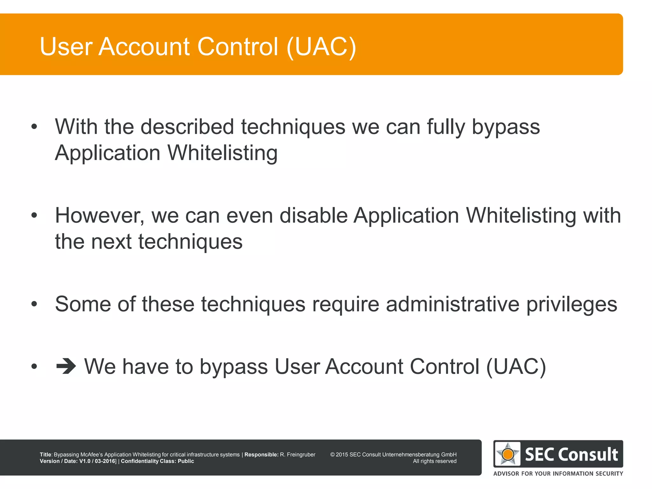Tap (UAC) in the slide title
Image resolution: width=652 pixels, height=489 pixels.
[x=321, y=47]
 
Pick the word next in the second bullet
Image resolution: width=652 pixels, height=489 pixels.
[x=111, y=241]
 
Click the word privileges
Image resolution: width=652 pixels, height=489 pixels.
[x=572, y=304]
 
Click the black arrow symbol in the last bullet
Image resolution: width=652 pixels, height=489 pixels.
[x=66, y=366]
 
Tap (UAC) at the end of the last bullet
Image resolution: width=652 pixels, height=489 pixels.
[x=516, y=366]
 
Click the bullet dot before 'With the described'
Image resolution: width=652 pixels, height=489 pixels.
[x=34, y=127]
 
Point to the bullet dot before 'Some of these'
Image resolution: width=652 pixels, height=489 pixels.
[x=34, y=304]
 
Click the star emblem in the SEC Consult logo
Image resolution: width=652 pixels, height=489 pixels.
[x=507, y=454]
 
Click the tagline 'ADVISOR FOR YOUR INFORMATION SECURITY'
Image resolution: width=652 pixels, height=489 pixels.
[x=558, y=473]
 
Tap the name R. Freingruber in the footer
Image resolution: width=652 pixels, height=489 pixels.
[x=297, y=455]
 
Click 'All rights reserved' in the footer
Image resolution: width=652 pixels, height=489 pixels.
[x=435, y=461]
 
